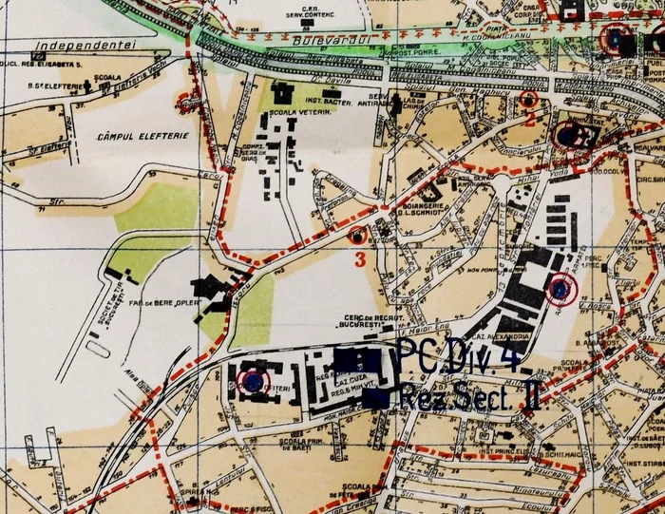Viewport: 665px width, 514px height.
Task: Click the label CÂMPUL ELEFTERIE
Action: pos(142,137)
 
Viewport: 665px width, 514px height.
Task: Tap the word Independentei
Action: pos(84,46)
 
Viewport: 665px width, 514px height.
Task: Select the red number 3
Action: pos(359,257)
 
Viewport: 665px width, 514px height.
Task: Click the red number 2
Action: pos(530,119)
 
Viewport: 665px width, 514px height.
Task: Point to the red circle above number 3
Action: pos(358,235)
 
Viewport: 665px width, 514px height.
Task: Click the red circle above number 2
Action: pos(529,99)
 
